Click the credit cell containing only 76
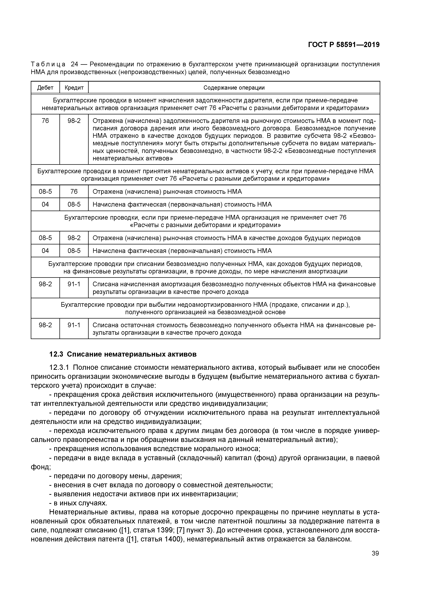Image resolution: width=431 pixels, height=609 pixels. click(x=74, y=191)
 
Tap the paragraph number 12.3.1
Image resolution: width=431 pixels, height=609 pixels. click(x=59, y=367)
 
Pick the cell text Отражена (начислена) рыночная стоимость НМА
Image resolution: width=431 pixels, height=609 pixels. click(x=167, y=191)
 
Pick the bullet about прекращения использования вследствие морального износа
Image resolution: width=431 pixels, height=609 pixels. click(x=154, y=449)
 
